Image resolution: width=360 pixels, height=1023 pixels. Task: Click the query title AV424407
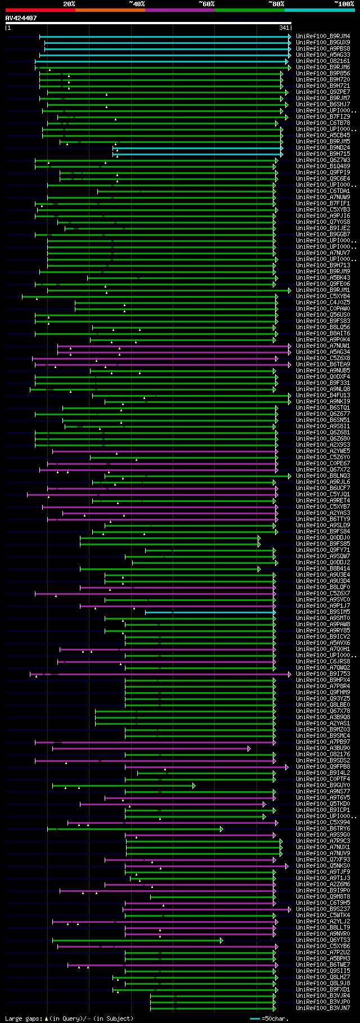[21, 18]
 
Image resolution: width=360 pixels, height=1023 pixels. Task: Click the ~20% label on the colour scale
[69, 4]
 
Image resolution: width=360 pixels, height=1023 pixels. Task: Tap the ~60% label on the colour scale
[206, 4]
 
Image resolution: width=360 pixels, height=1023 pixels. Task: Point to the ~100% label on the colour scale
[344, 4]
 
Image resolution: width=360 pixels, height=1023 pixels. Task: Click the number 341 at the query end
[283, 28]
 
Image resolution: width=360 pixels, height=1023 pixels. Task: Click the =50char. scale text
[275, 1018]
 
